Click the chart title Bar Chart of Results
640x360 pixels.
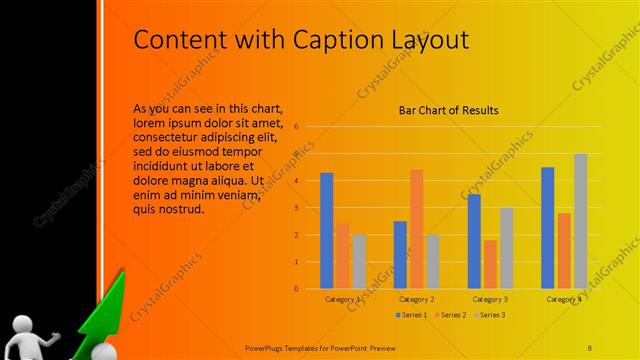(x=449, y=110)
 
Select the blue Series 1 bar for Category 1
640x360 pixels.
(x=326, y=230)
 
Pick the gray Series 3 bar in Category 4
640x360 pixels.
(x=580, y=221)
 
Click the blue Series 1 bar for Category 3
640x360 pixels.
(x=474, y=241)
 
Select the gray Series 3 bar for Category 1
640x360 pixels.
(x=359, y=261)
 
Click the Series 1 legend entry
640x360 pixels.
(x=409, y=315)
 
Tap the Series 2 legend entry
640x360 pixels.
(x=449, y=315)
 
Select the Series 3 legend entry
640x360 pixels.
(x=489, y=315)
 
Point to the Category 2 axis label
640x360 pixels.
(x=416, y=299)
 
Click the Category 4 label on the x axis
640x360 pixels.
(x=564, y=299)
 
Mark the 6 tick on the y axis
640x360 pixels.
(x=296, y=127)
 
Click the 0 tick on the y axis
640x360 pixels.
(x=296, y=288)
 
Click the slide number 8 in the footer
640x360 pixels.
(x=590, y=346)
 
